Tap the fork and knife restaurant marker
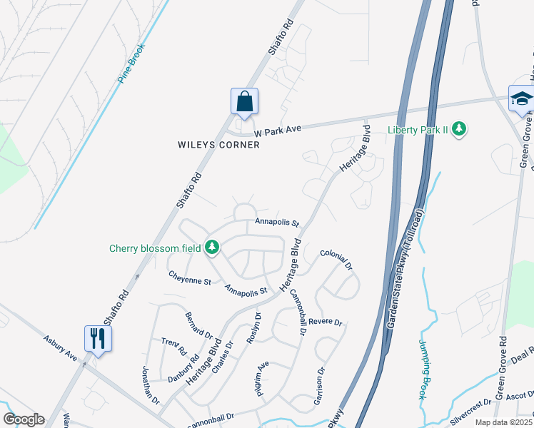[97, 338]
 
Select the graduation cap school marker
[521, 98]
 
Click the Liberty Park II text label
[420, 130]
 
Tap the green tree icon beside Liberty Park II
[461, 129]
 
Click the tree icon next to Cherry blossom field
[211, 248]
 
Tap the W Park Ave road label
[279, 129]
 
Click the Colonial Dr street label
[336, 259]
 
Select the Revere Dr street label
[326, 322]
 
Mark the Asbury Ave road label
[59, 347]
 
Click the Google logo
[24, 419]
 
